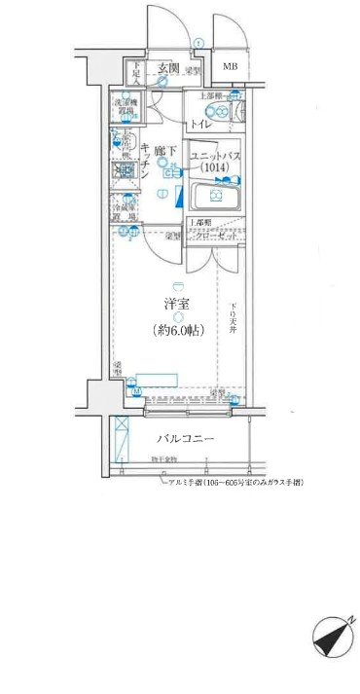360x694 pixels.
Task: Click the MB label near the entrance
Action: point(230,67)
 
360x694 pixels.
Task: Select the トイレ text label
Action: point(200,127)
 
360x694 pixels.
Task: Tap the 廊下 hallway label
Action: point(165,151)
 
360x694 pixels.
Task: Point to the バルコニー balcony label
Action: point(185,439)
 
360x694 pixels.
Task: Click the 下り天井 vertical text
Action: point(233,318)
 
